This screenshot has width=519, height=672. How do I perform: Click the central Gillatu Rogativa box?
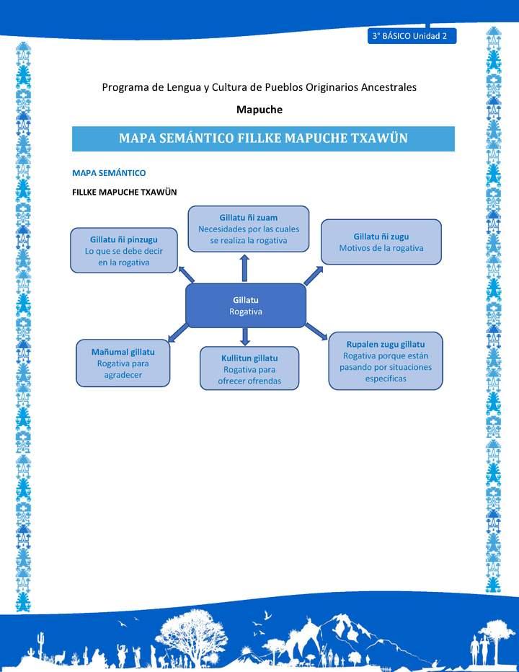[x=246, y=305]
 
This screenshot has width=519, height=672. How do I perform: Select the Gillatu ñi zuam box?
[x=249, y=229]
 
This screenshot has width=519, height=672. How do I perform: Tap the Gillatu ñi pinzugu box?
[x=124, y=250]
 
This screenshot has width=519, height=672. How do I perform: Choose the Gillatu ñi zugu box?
[x=381, y=242]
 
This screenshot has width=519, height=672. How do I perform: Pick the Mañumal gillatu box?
[x=124, y=363]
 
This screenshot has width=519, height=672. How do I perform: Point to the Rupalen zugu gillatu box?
[x=386, y=361]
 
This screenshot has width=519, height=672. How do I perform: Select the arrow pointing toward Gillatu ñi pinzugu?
[x=186, y=273]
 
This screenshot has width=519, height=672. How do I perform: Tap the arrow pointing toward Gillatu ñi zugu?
[x=314, y=275]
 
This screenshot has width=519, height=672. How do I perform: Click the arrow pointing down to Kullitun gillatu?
[x=245, y=336]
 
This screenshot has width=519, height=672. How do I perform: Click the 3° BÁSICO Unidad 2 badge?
[x=411, y=36]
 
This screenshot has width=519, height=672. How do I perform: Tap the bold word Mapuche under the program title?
[x=259, y=110]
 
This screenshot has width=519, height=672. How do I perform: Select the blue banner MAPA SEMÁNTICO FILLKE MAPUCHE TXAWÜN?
[x=263, y=138]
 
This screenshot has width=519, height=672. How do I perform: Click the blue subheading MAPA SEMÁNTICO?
[x=109, y=173]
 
